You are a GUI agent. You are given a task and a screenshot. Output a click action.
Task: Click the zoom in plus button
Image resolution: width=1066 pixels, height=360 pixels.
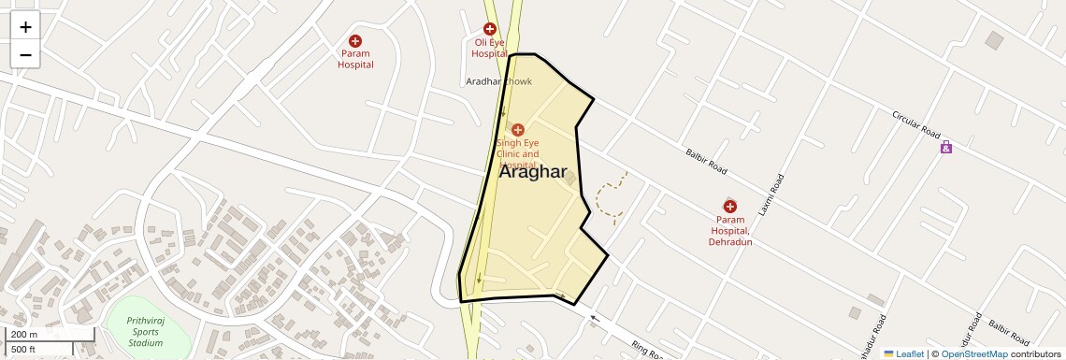[x=25, y=27]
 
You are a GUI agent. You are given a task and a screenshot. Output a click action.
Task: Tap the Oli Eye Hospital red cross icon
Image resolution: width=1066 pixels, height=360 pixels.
[x=489, y=30]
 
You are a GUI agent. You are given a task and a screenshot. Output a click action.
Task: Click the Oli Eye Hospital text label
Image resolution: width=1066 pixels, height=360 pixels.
[x=489, y=49]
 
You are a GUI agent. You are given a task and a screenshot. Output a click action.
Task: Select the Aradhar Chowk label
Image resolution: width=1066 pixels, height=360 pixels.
[x=498, y=82]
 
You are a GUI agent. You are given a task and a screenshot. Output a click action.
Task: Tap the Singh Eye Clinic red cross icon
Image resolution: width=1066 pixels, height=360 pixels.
[x=517, y=130]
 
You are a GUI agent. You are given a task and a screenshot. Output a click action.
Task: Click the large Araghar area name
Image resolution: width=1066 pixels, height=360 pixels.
[x=533, y=172]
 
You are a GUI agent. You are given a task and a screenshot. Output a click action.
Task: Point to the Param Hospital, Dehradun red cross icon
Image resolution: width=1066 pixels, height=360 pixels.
[x=730, y=206]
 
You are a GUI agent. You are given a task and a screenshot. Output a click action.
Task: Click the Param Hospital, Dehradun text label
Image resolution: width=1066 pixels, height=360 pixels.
[x=730, y=230]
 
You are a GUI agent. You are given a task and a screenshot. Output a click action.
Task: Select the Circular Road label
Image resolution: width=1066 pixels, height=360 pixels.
[x=915, y=125]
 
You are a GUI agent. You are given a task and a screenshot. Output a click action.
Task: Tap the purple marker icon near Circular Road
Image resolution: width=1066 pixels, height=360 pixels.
[x=946, y=147]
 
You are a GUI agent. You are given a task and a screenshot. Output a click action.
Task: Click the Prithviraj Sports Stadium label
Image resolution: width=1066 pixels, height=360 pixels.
[x=145, y=332]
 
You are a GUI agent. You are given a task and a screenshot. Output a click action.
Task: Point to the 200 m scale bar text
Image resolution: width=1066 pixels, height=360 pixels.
[x=24, y=335]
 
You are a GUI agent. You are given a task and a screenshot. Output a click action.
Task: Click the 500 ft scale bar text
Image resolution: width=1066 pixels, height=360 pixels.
[x=23, y=350]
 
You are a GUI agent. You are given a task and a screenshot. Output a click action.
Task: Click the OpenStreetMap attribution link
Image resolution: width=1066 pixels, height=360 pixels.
[x=973, y=353]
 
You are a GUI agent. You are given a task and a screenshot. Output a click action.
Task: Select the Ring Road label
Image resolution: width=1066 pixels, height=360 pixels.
[x=646, y=350]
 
